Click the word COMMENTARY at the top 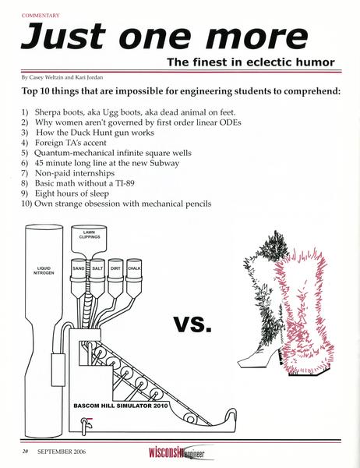(41, 16)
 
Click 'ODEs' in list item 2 (230, 122)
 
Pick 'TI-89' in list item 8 (124, 183)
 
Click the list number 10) (26, 204)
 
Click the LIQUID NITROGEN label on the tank (44, 271)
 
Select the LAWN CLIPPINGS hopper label (89, 235)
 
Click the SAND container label (79, 268)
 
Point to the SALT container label (97, 268)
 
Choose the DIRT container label (115, 268)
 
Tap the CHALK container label (134, 268)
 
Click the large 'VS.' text (193, 325)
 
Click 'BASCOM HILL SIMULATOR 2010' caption (121, 406)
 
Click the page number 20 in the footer (25, 452)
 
